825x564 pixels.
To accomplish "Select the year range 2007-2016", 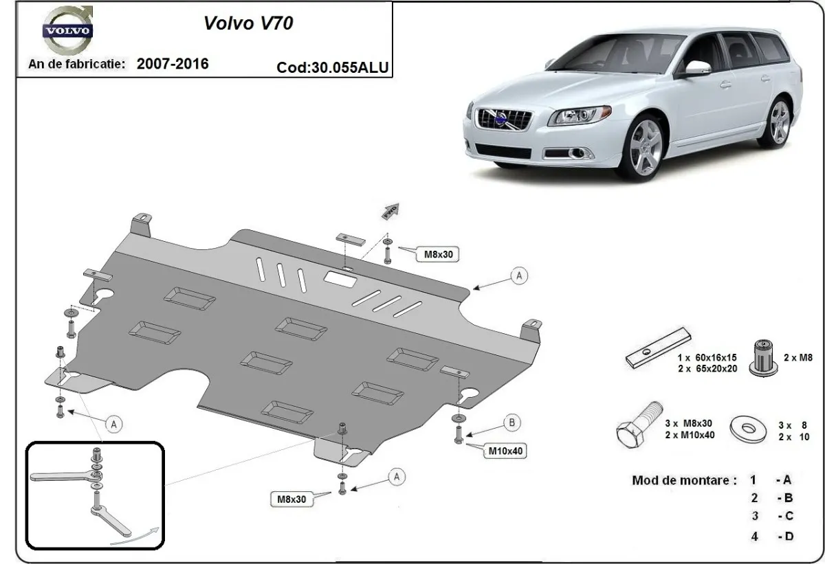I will (173, 64).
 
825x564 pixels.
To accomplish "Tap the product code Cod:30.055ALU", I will (331, 68).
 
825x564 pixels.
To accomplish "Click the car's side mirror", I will (697, 68).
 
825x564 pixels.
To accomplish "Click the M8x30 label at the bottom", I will (291, 499).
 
